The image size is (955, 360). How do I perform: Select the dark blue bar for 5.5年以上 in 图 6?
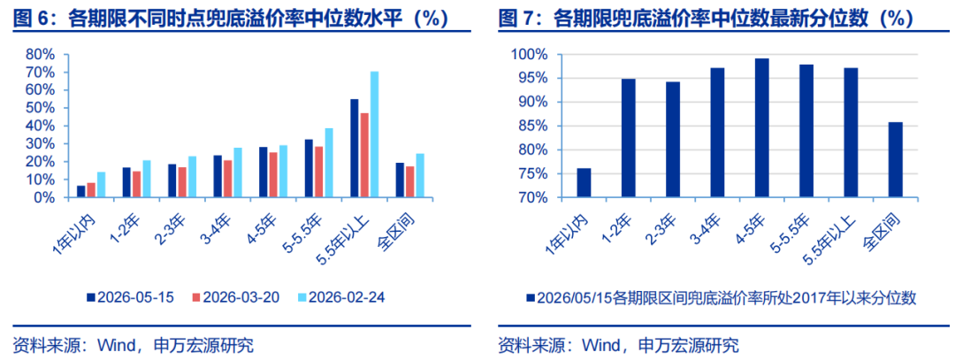pos(354,149)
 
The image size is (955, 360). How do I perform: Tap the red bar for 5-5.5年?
pos(318,172)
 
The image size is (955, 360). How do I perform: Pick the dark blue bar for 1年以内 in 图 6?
pos(81,192)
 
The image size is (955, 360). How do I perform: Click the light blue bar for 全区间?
pos(420,176)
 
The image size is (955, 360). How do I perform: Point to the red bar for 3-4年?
pos(227,179)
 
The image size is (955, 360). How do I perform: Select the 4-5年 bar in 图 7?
pos(761,128)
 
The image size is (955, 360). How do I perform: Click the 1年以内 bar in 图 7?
pos(584,183)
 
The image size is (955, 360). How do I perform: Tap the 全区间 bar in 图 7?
pos(895,160)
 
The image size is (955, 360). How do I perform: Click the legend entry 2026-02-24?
pos(341,297)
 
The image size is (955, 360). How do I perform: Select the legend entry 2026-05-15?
pos(130,297)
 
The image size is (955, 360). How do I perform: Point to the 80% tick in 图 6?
pos(41,54)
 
